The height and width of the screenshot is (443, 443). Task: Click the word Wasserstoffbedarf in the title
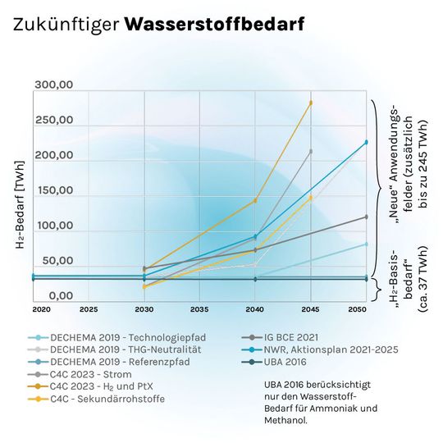214,25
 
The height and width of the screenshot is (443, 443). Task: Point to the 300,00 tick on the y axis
54,85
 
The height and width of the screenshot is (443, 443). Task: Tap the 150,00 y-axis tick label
54,191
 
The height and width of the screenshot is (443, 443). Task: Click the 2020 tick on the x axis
41,310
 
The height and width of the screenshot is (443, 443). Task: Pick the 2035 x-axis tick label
199,310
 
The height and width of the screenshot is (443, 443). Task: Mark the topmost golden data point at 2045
311,103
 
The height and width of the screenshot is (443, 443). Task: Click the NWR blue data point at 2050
367,142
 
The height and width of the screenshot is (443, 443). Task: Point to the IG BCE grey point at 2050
367,217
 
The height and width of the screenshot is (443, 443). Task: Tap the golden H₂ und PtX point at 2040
255,200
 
